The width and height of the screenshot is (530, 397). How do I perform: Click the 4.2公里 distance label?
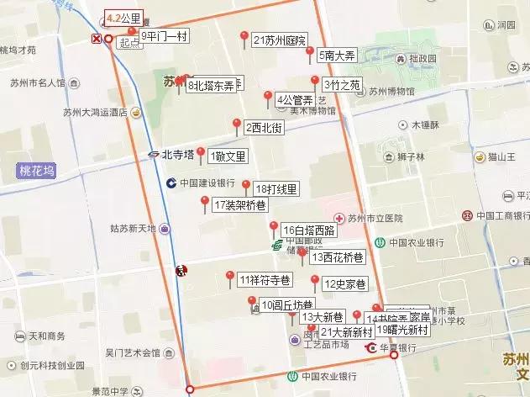click(123, 17)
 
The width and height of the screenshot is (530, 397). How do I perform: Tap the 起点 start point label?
click(129, 42)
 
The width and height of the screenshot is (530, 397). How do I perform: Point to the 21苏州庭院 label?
click(279, 40)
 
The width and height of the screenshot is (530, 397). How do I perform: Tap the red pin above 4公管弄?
click(268, 95)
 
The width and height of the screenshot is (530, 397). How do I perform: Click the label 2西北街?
click(264, 129)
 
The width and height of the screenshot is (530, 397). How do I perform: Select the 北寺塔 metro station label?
click(177, 154)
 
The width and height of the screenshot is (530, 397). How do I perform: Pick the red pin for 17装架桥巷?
click(205, 201)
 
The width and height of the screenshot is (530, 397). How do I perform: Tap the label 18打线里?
click(275, 189)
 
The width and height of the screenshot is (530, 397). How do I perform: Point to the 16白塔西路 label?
click(308, 230)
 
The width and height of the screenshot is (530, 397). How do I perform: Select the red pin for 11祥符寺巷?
click(230, 275)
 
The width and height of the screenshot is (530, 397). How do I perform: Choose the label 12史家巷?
click(343, 283)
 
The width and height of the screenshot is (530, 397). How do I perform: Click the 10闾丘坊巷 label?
click(286, 304)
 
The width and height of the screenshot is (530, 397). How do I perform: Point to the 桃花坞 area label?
click(36, 172)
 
